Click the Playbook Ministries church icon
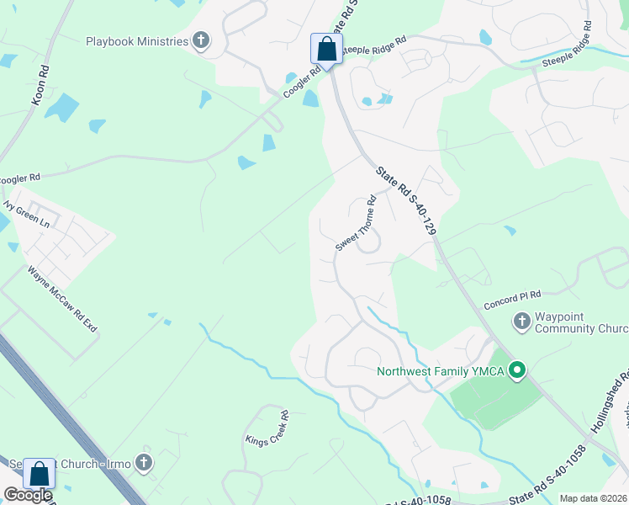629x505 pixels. click(x=200, y=40)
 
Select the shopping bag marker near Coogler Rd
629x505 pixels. click(x=326, y=49)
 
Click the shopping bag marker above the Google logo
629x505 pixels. click(x=39, y=473)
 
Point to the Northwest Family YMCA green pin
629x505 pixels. click(x=519, y=369)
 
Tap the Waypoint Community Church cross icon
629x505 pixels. click(x=521, y=321)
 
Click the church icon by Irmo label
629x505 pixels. click(x=144, y=462)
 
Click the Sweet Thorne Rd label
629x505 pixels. click(x=356, y=224)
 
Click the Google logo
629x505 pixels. click(x=28, y=496)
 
